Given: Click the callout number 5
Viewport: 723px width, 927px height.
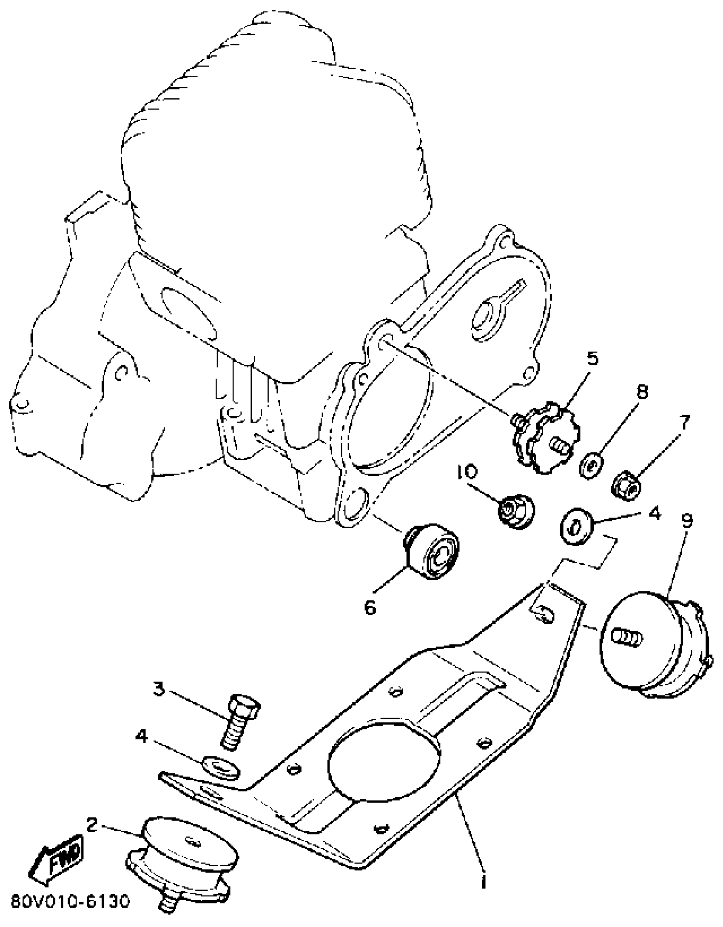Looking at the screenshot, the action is (592, 358).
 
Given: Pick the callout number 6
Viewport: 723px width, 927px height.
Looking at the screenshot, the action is (370, 608).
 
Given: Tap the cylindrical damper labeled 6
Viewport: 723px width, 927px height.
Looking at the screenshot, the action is (432, 551).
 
